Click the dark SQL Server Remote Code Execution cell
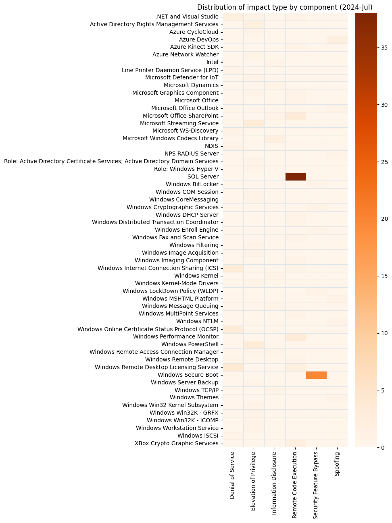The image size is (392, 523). click(295, 176)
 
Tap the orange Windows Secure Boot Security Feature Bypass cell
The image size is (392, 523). click(316, 375)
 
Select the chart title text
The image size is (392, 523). click(285, 7)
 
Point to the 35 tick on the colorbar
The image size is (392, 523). click(384, 48)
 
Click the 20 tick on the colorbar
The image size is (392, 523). click(384, 219)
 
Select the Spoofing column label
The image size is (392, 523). click(337, 464)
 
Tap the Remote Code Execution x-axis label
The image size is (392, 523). click(295, 485)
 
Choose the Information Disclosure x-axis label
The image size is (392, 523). click(274, 483)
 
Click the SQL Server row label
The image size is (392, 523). click(203, 176)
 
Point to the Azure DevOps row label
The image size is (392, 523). click(198, 39)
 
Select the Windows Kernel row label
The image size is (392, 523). click(196, 276)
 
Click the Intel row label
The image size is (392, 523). click(212, 62)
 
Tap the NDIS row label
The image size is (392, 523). click(211, 146)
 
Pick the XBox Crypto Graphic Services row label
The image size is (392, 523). click(176, 443)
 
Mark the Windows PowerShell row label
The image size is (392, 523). click(190, 344)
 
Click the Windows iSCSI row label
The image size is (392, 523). click(198, 436)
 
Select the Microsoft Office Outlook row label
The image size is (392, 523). click(185, 108)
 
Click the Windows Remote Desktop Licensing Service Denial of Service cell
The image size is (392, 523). click(233, 367)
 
